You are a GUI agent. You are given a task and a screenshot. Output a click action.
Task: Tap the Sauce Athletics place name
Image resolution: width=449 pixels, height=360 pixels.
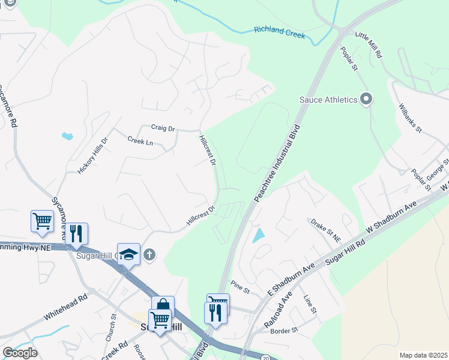328,99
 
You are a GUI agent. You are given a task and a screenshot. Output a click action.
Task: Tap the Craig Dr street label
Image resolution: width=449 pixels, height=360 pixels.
163,128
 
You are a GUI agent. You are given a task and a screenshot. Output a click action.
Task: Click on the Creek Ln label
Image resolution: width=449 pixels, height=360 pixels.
140,141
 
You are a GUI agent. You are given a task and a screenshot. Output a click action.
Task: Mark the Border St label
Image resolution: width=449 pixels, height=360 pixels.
284,331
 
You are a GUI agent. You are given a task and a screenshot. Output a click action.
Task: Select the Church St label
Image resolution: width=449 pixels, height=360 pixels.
110,327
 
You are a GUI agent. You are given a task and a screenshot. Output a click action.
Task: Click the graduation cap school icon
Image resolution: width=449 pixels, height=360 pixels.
128,254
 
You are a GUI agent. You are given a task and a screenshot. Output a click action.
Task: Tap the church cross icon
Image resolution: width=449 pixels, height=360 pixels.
149,255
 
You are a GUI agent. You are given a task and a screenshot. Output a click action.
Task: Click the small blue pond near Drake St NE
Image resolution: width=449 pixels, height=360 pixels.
258,235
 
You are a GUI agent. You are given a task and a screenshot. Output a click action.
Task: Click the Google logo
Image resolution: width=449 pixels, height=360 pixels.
20,353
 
